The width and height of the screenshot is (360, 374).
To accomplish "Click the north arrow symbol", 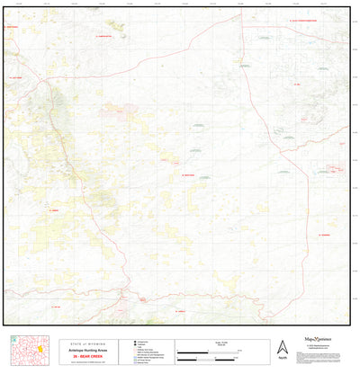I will (282, 347).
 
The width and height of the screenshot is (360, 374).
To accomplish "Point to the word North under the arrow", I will (282, 359).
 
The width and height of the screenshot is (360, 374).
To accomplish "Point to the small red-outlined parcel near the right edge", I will (336, 168).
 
